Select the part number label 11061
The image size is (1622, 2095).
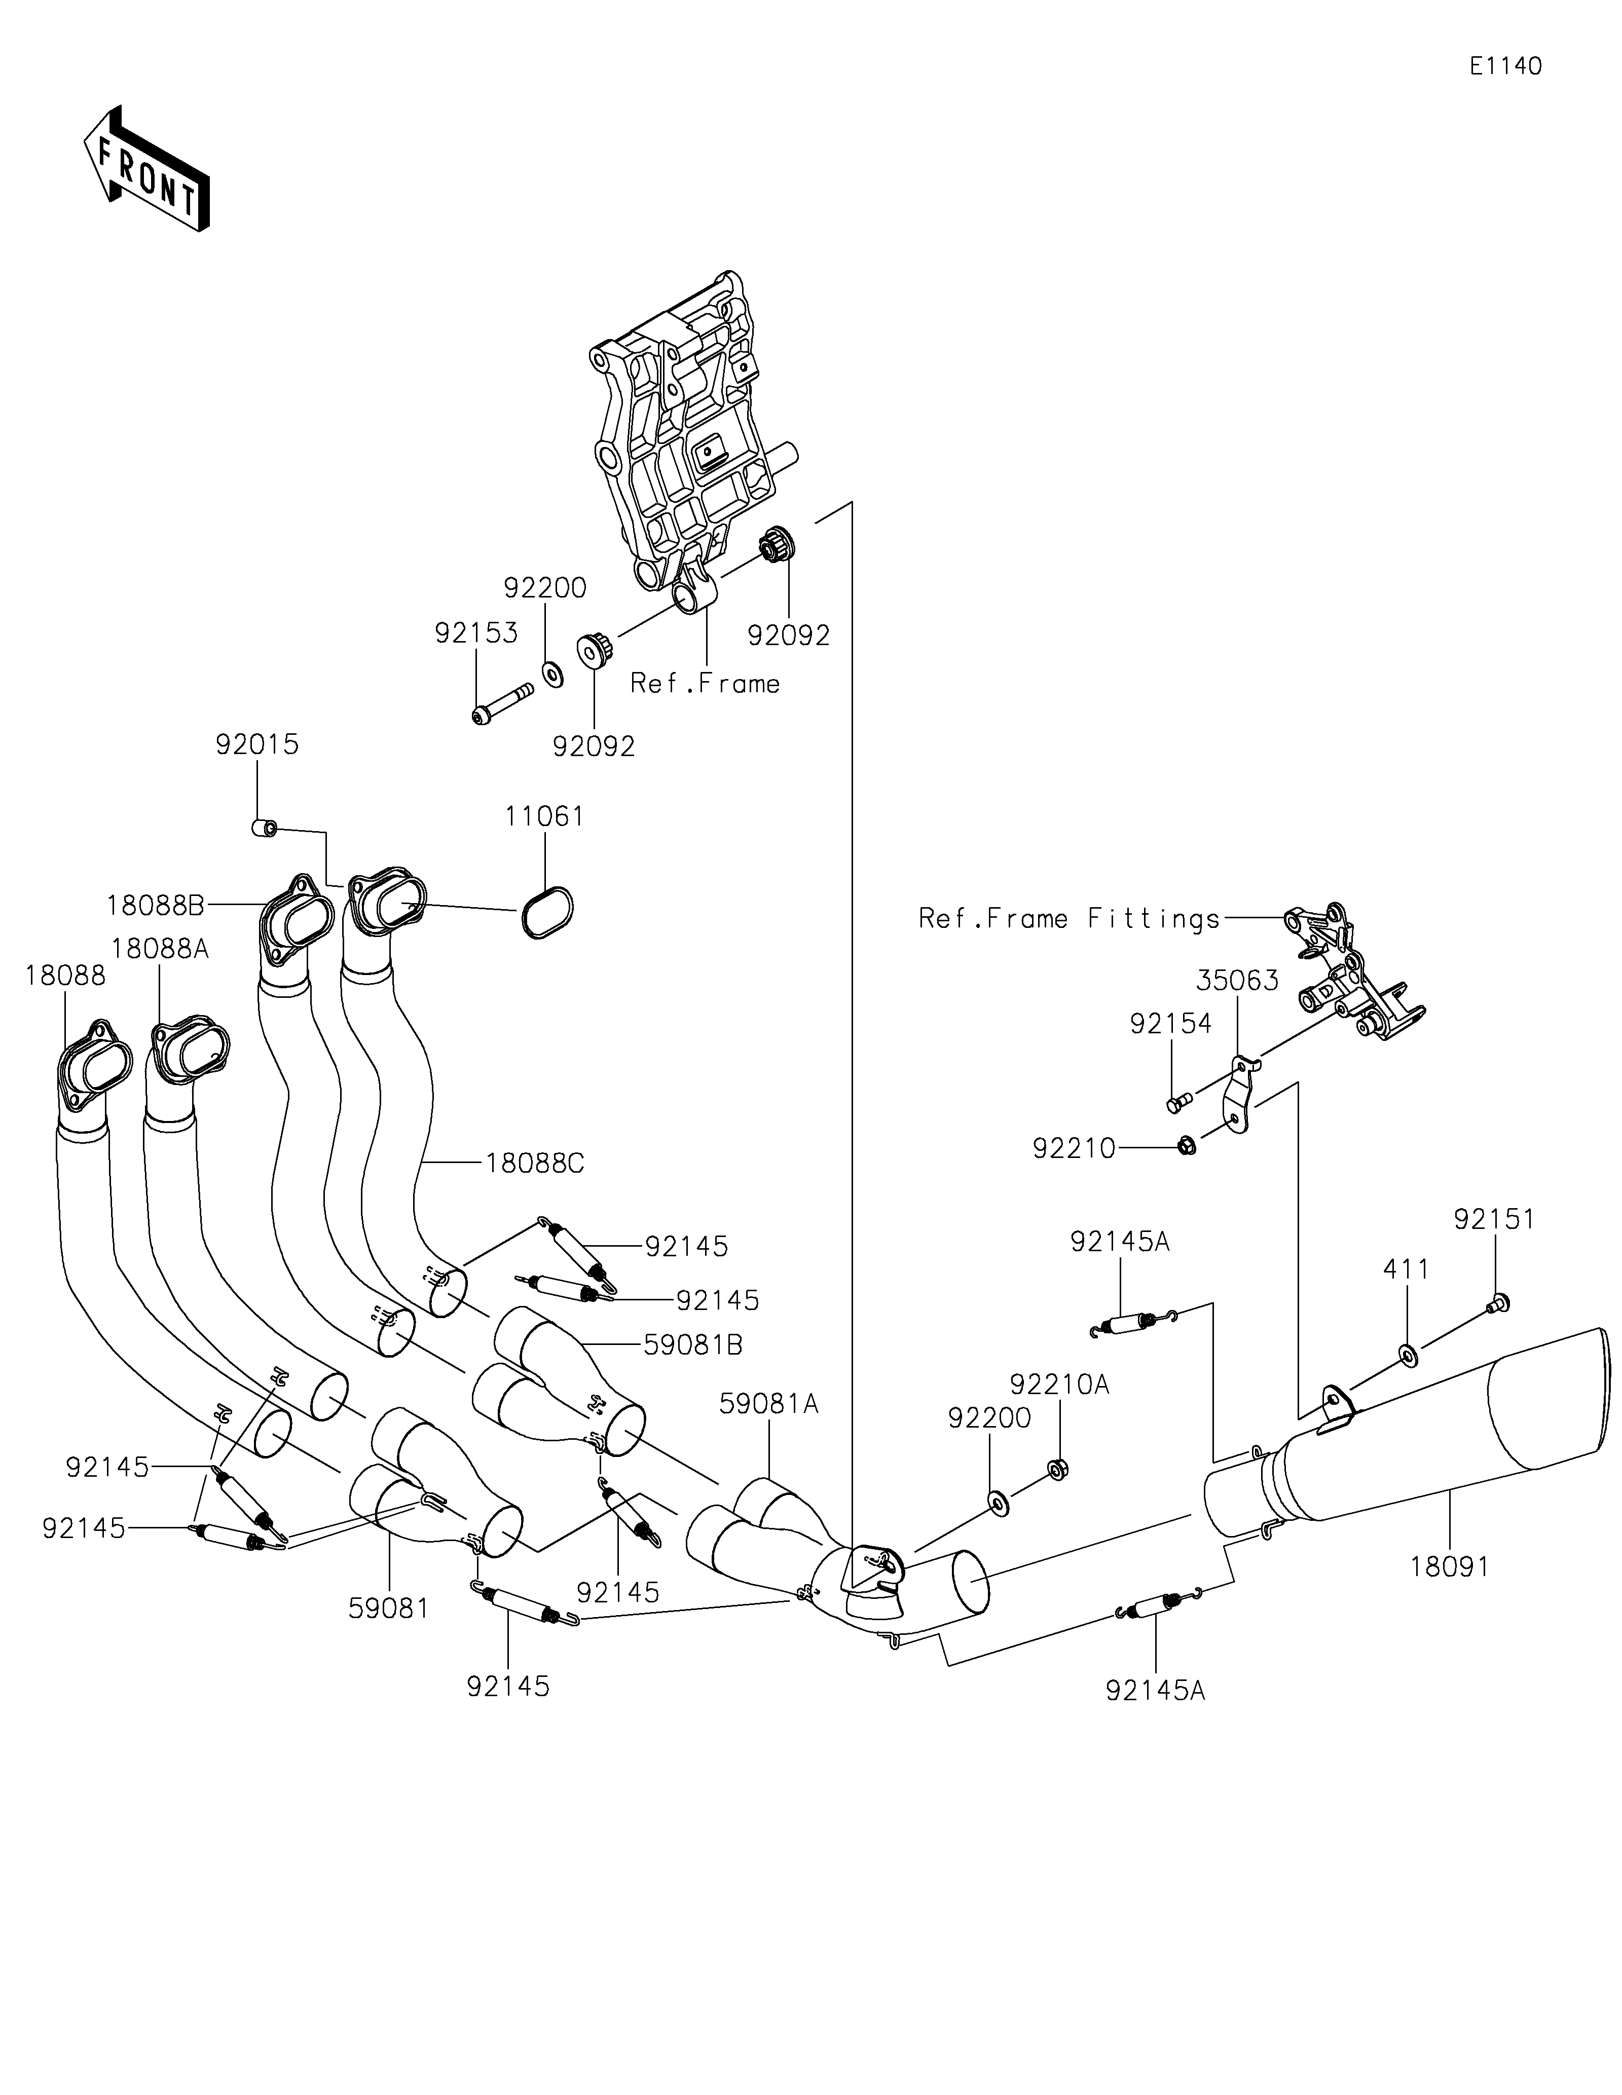click(545, 816)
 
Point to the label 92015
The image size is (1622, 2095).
click(257, 744)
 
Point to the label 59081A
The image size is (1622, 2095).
click(769, 1404)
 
